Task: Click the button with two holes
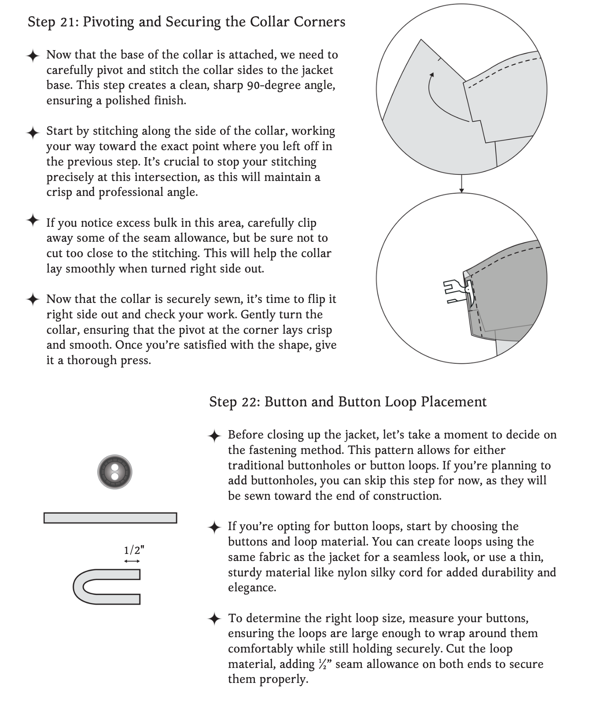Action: coord(114,472)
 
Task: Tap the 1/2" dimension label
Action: coord(134,550)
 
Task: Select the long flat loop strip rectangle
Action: coord(110,518)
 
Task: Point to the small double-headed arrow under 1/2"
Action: coord(132,561)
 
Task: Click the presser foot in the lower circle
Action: coord(458,291)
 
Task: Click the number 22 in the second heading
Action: coord(251,402)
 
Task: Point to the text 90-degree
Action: coord(273,85)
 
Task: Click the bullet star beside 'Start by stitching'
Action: coord(33,132)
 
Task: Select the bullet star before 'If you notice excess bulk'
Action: coord(33,220)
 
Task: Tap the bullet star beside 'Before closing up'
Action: coord(214,436)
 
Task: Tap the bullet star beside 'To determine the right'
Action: coord(214,619)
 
